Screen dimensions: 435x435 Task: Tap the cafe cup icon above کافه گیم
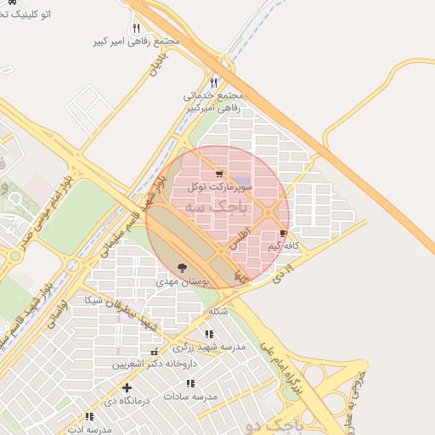(283, 234)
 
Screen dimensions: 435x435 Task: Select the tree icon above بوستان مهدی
(182, 268)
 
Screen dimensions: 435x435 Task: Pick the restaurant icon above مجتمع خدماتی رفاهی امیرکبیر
(213, 82)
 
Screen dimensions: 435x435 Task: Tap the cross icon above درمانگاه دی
(127, 387)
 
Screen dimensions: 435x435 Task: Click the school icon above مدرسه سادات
(189, 384)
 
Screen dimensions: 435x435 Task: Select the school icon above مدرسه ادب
(89, 416)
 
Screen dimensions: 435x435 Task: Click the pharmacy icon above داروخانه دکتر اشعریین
(154, 352)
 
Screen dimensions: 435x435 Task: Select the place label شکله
(217, 312)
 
